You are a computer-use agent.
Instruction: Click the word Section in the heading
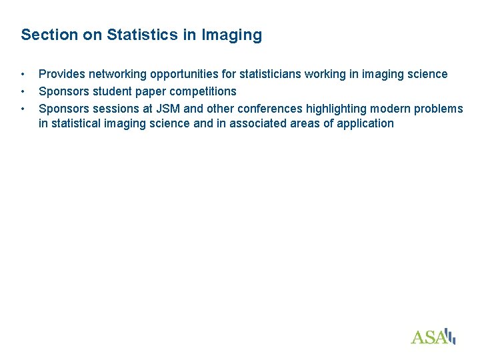click(49, 35)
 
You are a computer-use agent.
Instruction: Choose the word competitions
click(203, 91)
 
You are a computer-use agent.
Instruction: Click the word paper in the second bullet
click(153, 91)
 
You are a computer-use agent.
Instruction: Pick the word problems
click(439, 107)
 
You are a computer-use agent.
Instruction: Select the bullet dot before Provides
click(23, 74)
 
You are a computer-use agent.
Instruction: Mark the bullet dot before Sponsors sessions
click(23, 107)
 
